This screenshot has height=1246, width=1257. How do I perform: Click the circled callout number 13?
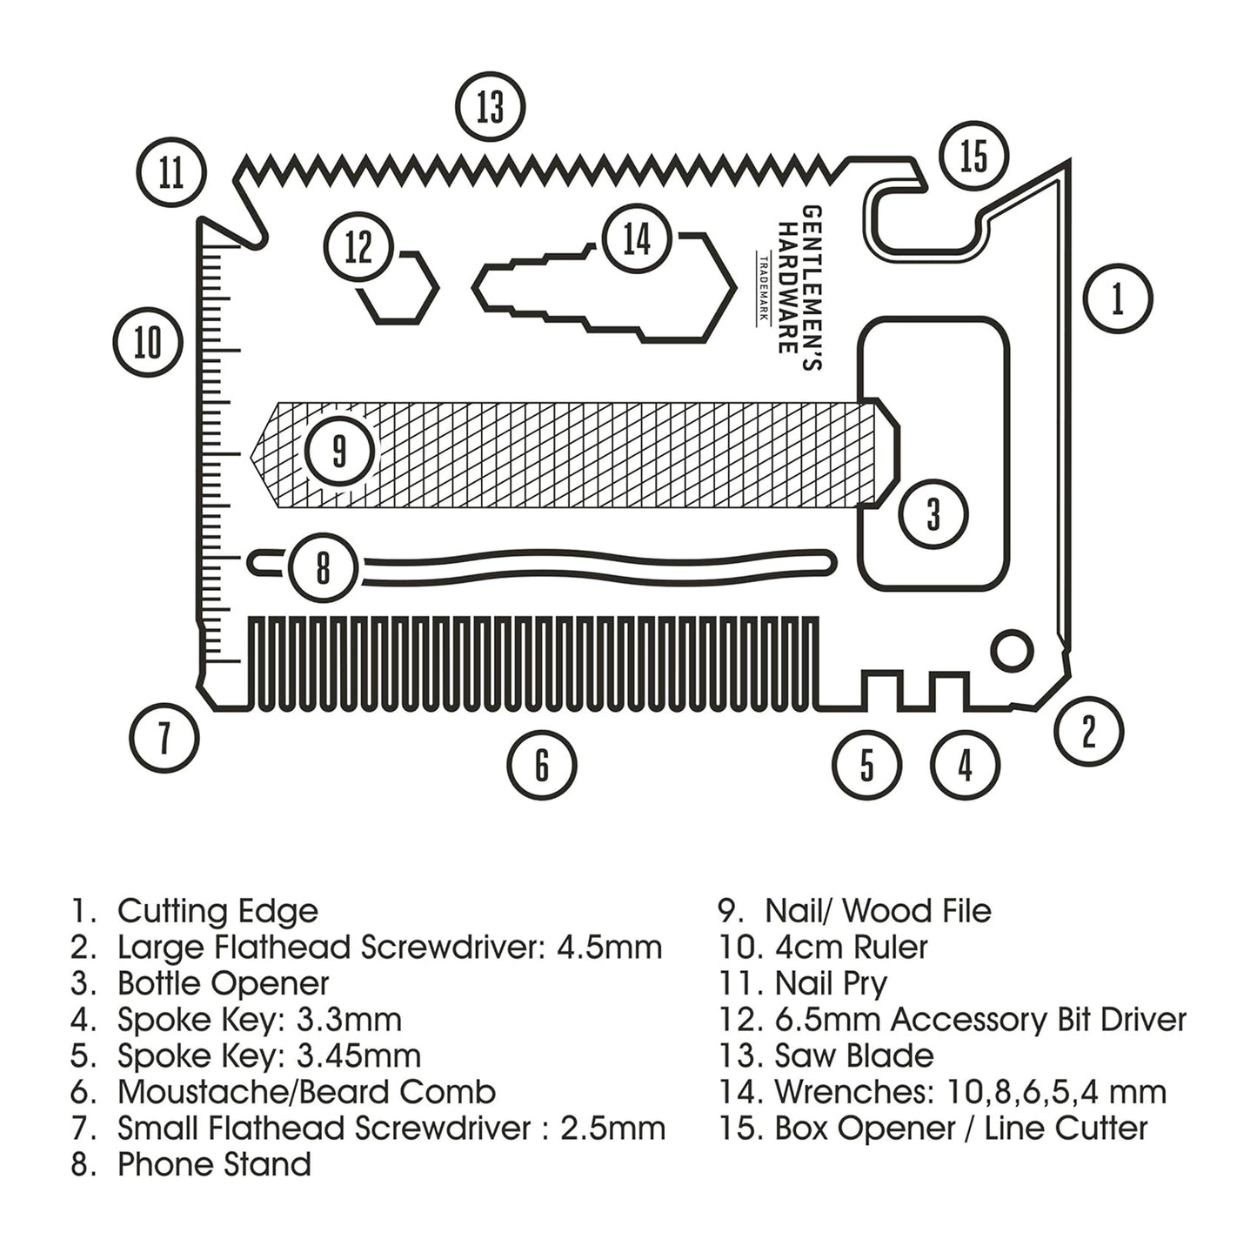pyautogui.click(x=491, y=107)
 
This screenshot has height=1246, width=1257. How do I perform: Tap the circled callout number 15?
pyautogui.click(x=973, y=157)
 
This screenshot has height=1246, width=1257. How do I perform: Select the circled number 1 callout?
pyautogui.click(x=1118, y=298)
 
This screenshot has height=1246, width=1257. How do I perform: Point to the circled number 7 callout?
pyautogui.click(x=164, y=738)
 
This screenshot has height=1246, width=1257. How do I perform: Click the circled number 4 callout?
pyautogui.click(x=965, y=766)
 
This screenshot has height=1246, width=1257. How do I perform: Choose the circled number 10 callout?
pyautogui.click(x=148, y=342)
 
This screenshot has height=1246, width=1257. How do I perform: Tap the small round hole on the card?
pyautogui.click(x=1013, y=651)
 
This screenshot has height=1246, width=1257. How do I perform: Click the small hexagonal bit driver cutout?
pyautogui.click(x=398, y=289)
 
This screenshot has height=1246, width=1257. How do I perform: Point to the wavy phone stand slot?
pyautogui.click(x=592, y=563)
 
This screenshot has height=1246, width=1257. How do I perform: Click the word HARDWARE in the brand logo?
pyautogui.click(x=787, y=287)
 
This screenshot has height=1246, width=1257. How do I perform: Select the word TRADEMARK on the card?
pyautogui.click(x=763, y=288)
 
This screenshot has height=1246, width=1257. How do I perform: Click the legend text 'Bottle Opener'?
pyautogui.click(x=223, y=983)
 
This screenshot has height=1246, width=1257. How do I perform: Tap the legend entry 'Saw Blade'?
pyautogui.click(x=853, y=1055)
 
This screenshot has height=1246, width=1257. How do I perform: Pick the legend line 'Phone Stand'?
pyautogui.click(x=214, y=1164)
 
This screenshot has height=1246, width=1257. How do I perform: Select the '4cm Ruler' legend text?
pyautogui.click(x=851, y=947)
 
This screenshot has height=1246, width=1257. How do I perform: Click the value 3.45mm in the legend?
pyautogui.click(x=358, y=1055)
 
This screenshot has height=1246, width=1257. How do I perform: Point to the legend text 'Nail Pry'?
pyautogui.click(x=831, y=983)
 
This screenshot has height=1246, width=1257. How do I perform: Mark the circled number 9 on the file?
pyautogui.click(x=339, y=451)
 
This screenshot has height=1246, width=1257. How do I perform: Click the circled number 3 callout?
pyautogui.click(x=933, y=513)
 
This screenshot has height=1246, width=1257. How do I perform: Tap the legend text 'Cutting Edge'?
pyautogui.click(x=217, y=911)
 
